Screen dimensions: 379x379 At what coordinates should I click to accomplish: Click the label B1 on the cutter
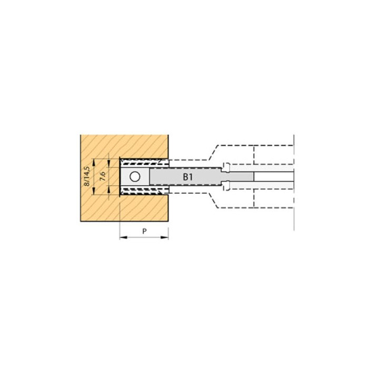188,177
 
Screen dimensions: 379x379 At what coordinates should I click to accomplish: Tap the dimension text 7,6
103,176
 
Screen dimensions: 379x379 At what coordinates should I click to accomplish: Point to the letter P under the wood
144,231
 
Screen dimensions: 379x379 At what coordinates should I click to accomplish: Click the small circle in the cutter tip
135,177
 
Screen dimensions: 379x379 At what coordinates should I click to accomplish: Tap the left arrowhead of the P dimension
124,237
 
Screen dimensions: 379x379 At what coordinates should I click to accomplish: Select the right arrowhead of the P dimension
165,237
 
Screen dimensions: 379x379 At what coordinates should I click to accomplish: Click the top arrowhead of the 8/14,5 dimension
94,163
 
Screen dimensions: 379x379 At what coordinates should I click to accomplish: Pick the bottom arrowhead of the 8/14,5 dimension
94,191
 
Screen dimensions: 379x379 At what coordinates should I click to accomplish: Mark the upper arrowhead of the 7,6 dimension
109,163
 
